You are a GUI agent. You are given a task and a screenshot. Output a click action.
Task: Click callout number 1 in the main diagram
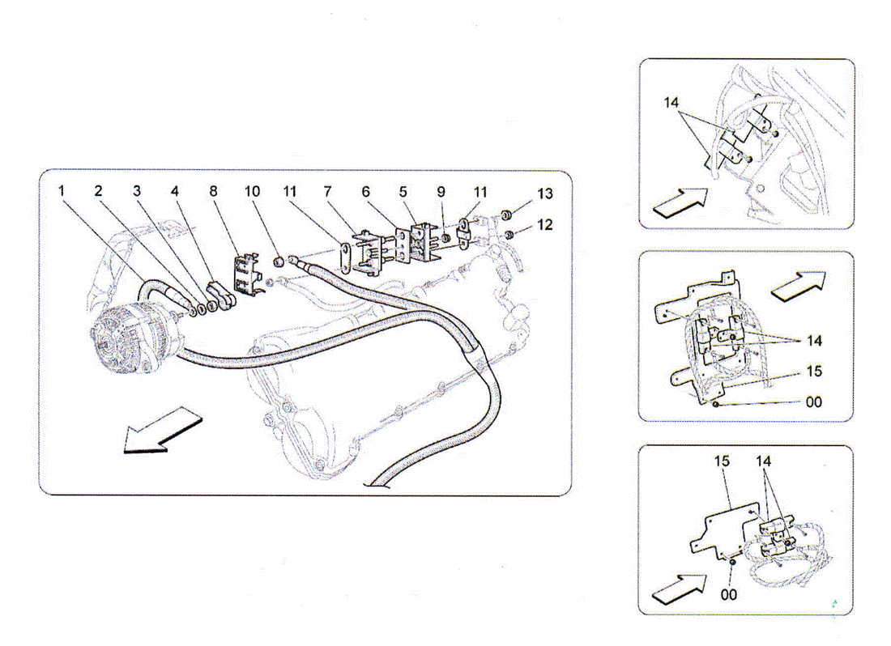click(x=62, y=191)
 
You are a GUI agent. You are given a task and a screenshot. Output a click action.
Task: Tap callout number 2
click(x=98, y=191)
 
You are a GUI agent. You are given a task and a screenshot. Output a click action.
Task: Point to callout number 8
click(x=213, y=191)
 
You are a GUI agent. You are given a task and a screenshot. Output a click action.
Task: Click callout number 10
click(x=252, y=191)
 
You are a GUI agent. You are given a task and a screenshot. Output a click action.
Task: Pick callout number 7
click(x=328, y=191)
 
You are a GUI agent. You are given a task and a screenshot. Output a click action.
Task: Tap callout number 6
click(x=365, y=191)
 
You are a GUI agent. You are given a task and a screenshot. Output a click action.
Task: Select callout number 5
click(x=403, y=191)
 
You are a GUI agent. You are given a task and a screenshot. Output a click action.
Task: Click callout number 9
click(x=441, y=191)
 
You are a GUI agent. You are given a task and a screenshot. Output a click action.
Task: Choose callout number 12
click(x=545, y=224)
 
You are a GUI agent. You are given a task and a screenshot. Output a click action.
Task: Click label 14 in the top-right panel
click(x=671, y=103)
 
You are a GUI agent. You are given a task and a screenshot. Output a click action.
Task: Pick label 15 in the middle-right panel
click(x=814, y=372)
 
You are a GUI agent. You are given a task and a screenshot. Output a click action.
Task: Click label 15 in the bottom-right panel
click(x=722, y=461)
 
